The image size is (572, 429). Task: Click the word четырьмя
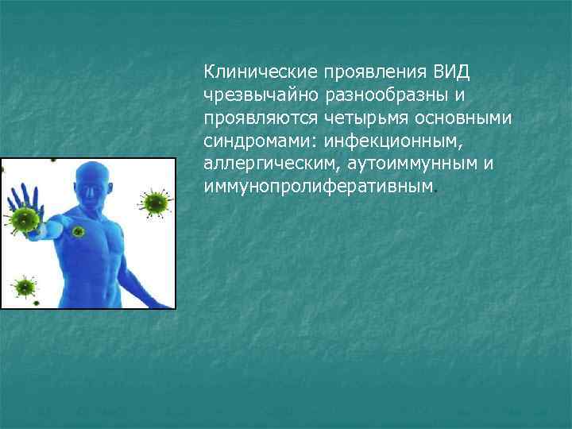pos(362,118)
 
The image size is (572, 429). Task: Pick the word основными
pos(466,118)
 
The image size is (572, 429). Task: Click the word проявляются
pos(261,118)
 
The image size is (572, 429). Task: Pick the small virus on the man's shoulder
pos(78,231)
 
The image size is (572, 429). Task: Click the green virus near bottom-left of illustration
pos(25,285)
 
